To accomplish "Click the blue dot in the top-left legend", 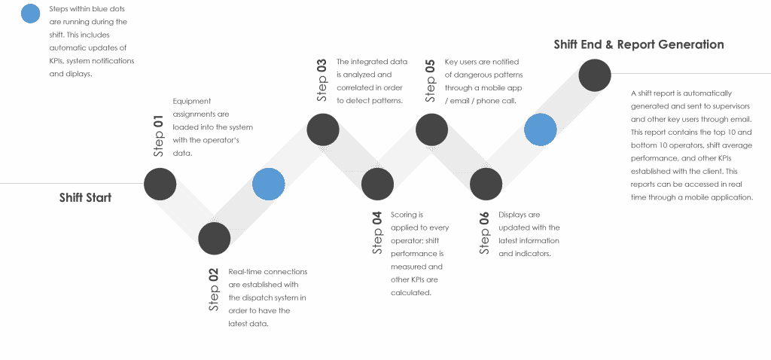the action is click(x=30, y=14).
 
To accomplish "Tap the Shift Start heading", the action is click(x=86, y=198).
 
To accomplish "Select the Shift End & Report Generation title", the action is click(x=638, y=44).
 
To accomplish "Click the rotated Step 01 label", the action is click(x=158, y=136).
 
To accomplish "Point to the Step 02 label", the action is click(x=213, y=289).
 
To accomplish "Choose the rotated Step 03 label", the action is click(x=322, y=80).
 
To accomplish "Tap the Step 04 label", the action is click(x=377, y=233).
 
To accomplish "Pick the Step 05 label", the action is click(x=430, y=80).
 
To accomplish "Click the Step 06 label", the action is click(x=485, y=233).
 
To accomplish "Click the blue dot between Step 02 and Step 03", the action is click(x=269, y=184).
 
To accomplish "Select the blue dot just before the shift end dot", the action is click(x=541, y=130).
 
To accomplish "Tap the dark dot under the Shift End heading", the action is click(x=595, y=75).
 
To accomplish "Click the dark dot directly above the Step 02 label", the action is click(x=215, y=239).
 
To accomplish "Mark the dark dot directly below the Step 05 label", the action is click(x=431, y=130).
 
